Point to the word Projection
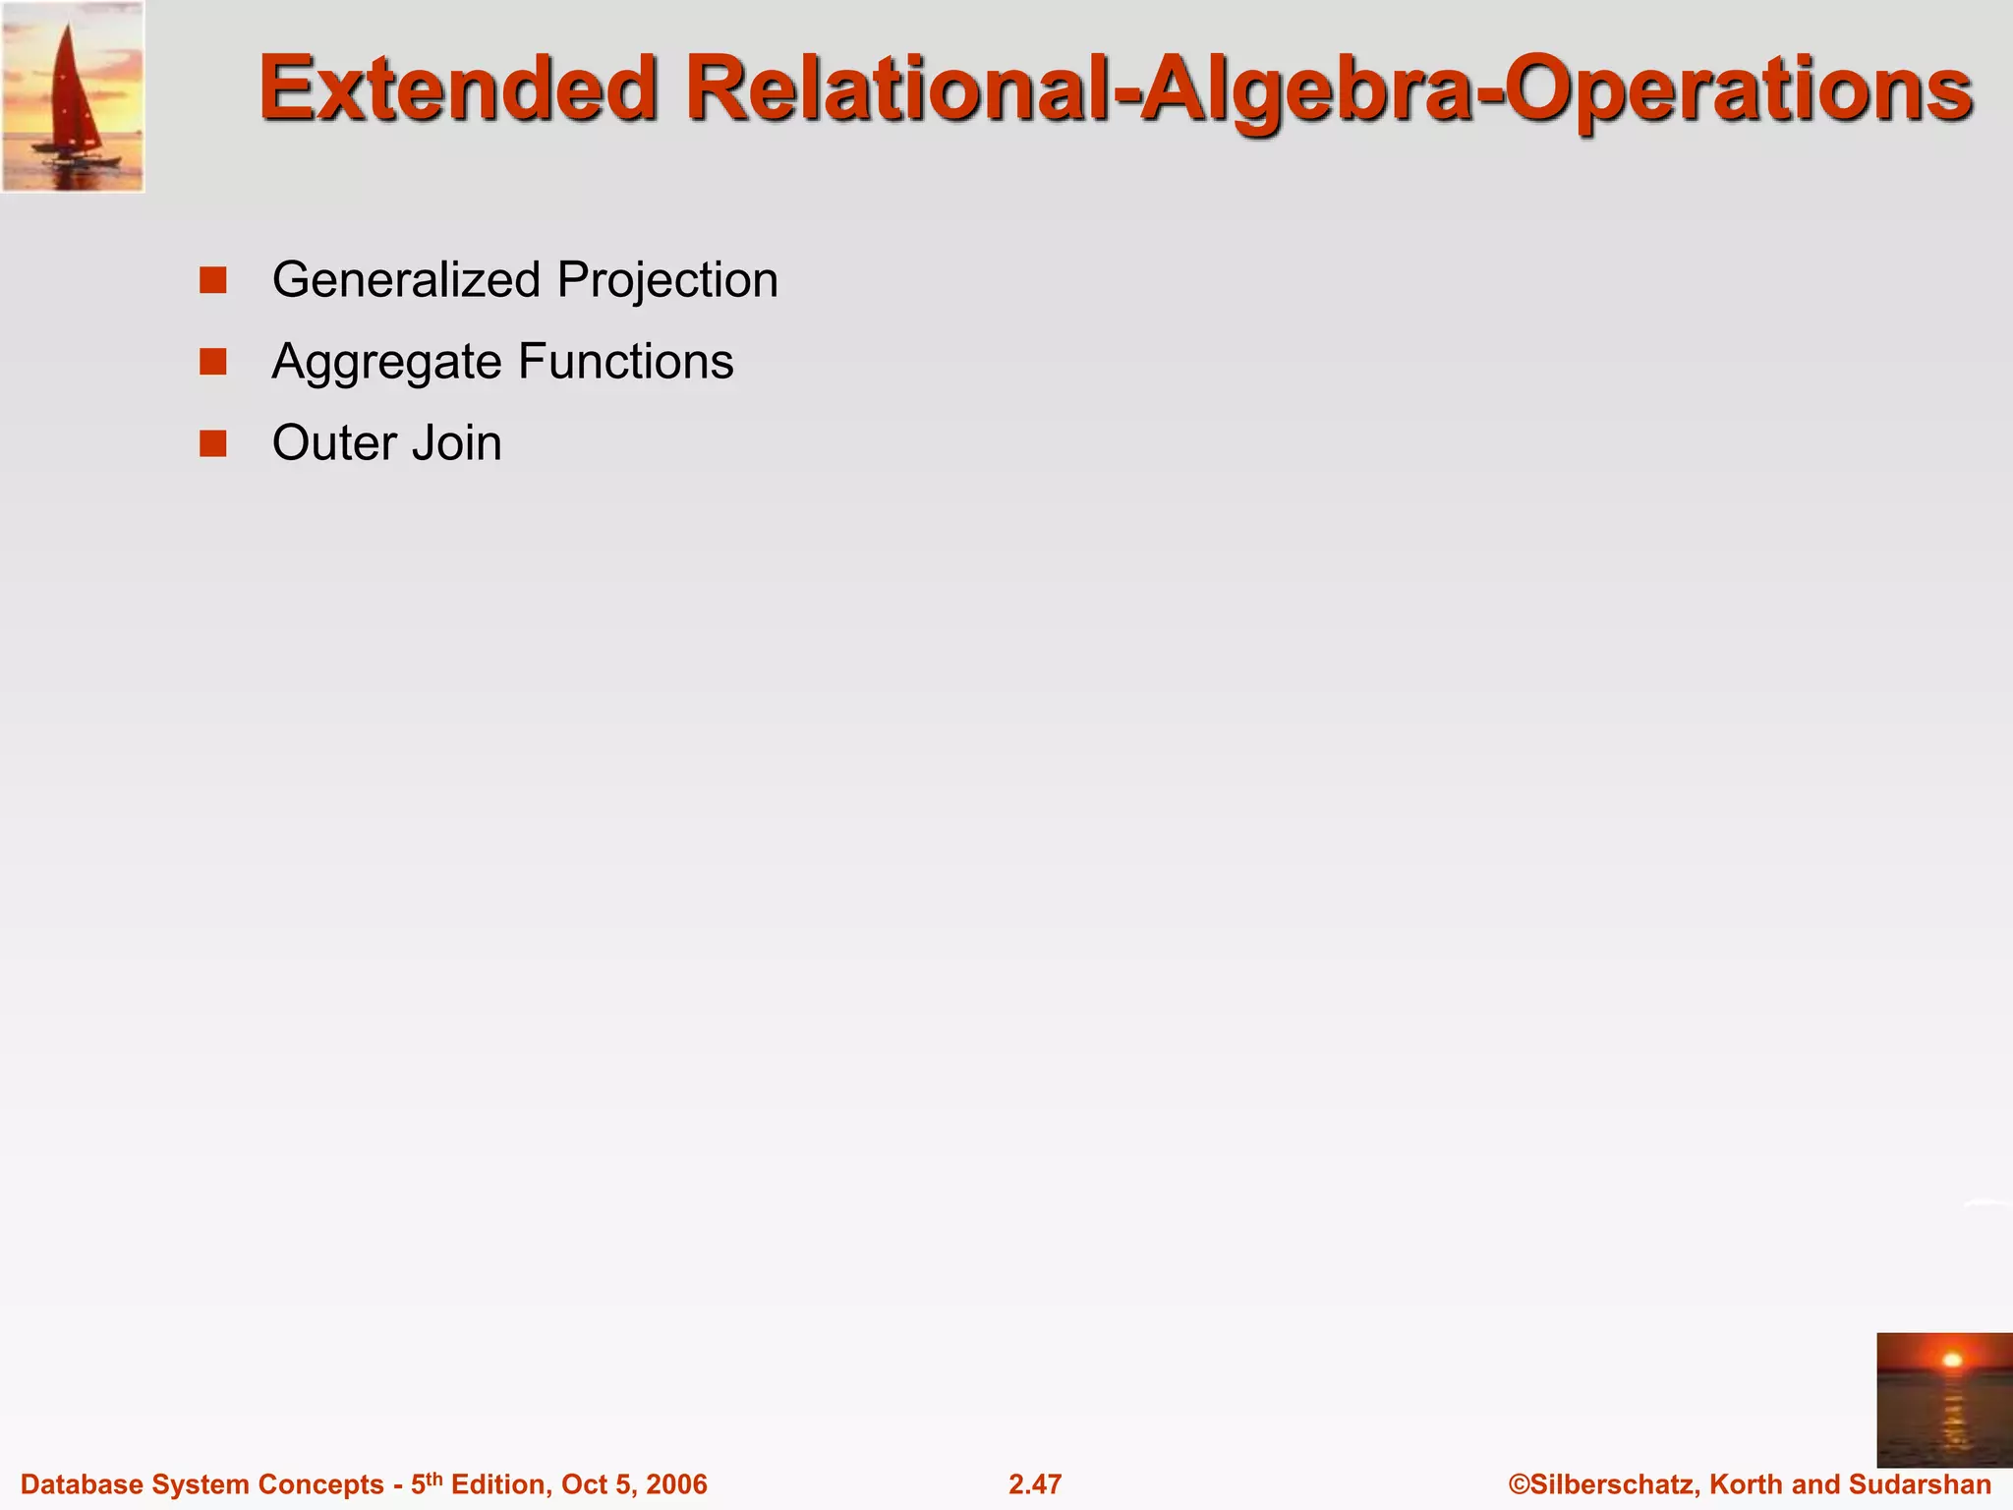point(667,280)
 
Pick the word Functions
point(625,361)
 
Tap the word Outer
point(333,442)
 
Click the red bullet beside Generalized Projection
point(213,280)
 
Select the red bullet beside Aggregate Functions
point(213,362)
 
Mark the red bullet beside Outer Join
point(213,443)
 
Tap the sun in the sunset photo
point(1952,1361)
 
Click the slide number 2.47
point(1035,1484)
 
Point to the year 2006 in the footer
point(676,1484)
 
